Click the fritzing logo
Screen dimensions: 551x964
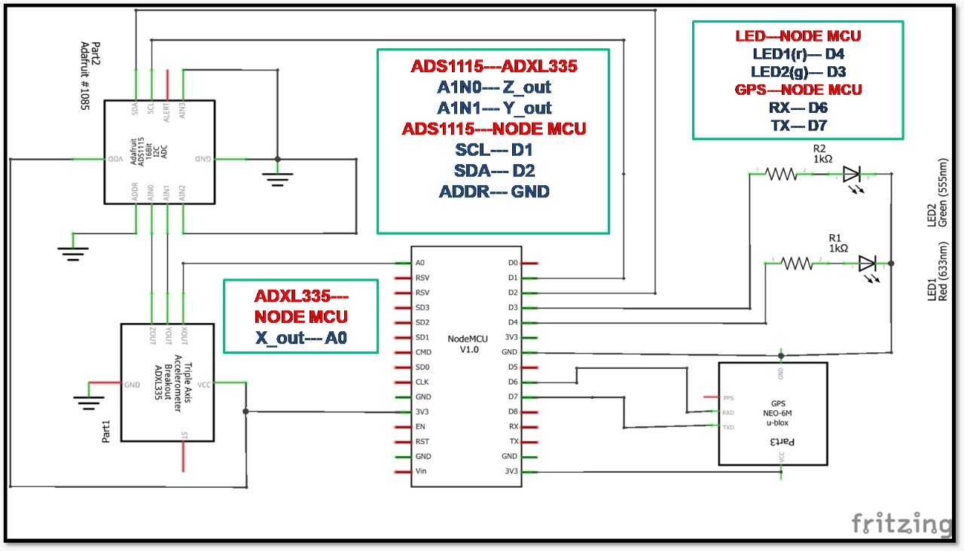[901, 522]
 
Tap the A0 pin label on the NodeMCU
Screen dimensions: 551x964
[420, 263]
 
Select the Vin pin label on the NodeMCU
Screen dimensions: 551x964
[422, 471]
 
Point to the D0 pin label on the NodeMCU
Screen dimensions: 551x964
[513, 263]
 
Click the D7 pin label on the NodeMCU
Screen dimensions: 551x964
[513, 397]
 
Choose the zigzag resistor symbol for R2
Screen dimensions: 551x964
[781, 174]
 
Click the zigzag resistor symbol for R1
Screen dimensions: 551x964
[796, 263]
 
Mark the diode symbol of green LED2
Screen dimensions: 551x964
[852, 175]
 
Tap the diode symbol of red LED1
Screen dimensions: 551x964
[867, 263]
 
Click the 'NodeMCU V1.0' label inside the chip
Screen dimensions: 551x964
[467, 345]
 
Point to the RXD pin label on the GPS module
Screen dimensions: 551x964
[728, 412]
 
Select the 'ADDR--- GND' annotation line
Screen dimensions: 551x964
[493, 191]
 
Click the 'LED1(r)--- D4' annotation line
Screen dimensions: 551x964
[798, 54]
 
